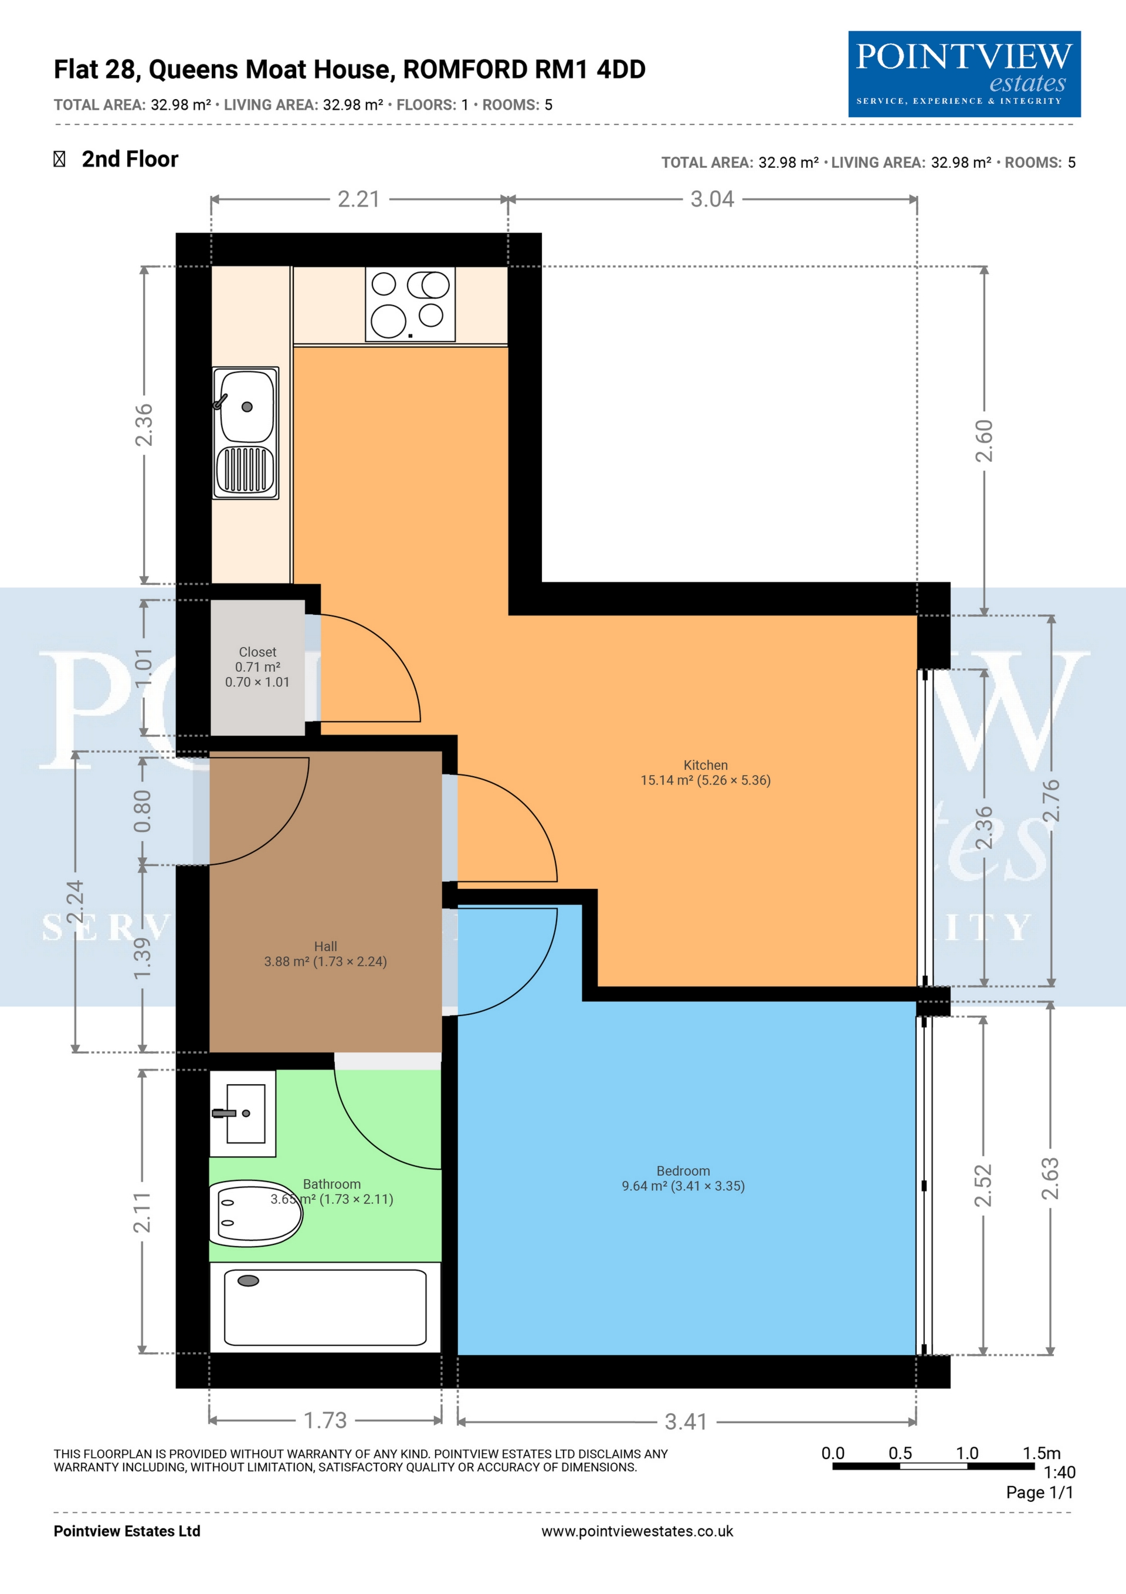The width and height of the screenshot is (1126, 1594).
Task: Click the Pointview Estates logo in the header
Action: [964, 73]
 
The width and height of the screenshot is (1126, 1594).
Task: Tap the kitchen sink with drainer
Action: [246, 432]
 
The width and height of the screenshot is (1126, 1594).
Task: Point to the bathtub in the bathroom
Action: [325, 1307]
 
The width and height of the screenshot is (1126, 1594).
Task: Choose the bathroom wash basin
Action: [243, 1114]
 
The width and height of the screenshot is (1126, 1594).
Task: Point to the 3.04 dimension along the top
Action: [713, 199]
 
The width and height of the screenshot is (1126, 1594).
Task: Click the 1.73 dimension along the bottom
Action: [325, 1420]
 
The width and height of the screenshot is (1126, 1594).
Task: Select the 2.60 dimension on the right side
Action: [985, 441]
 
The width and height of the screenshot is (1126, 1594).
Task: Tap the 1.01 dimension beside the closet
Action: [143, 667]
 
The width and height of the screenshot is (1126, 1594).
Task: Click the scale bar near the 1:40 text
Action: [934, 1466]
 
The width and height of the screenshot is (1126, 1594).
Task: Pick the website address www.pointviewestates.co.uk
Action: [637, 1531]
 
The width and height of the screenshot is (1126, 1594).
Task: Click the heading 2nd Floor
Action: [130, 159]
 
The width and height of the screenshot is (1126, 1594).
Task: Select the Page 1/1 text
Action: [1040, 1492]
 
